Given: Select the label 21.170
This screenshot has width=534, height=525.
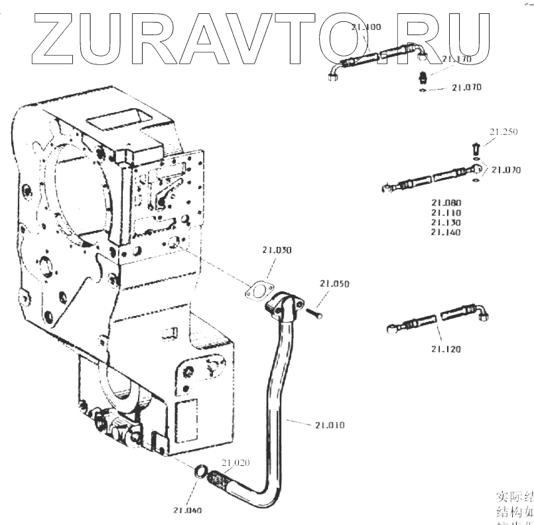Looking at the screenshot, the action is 457,60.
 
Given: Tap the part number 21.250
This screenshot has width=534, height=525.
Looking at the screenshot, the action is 503,132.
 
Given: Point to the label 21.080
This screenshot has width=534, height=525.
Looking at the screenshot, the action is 446,202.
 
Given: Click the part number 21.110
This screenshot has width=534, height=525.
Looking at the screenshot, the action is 446,212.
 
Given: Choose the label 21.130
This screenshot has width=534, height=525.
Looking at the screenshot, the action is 446,222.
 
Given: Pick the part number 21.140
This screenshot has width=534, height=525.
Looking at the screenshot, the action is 446,232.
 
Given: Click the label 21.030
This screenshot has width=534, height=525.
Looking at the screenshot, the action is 276,250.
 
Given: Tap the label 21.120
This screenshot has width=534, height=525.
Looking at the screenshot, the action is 446,348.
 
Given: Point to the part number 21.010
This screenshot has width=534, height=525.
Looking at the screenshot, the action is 330,424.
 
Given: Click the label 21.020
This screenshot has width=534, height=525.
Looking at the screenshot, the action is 235,463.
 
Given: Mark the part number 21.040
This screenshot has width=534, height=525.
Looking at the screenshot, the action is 188,510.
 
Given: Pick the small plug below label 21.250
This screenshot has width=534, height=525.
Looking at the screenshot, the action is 475,147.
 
